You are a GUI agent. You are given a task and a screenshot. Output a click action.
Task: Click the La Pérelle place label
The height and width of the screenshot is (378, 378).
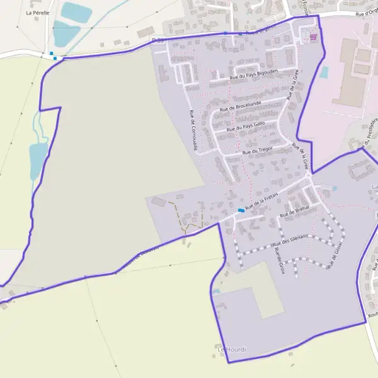click(x=38, y=12)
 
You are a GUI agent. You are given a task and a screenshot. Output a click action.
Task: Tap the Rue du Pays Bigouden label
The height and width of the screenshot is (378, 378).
click(x=253, y=76)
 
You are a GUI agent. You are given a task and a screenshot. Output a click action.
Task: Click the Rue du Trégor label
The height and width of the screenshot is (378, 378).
click(x=256, y=151)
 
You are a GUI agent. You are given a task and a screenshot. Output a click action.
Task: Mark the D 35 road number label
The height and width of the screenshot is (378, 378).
click(x=157, y=40)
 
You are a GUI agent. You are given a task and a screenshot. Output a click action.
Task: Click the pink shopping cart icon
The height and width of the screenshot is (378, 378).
click(x=313, y=37)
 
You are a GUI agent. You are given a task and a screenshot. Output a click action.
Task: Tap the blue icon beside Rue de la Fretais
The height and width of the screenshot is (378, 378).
click(x=241, y=210)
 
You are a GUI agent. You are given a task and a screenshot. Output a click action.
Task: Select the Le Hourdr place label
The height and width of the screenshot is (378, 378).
click(x=231, y=349)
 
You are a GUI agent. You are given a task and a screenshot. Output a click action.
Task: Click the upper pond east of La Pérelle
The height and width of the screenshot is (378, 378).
click(x=76, y=11)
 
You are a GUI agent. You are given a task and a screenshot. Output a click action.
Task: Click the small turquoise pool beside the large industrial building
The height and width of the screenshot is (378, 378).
click(x=324, y=72)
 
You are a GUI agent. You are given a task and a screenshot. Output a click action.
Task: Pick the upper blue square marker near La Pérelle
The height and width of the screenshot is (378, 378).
click(x=51, y=53)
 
